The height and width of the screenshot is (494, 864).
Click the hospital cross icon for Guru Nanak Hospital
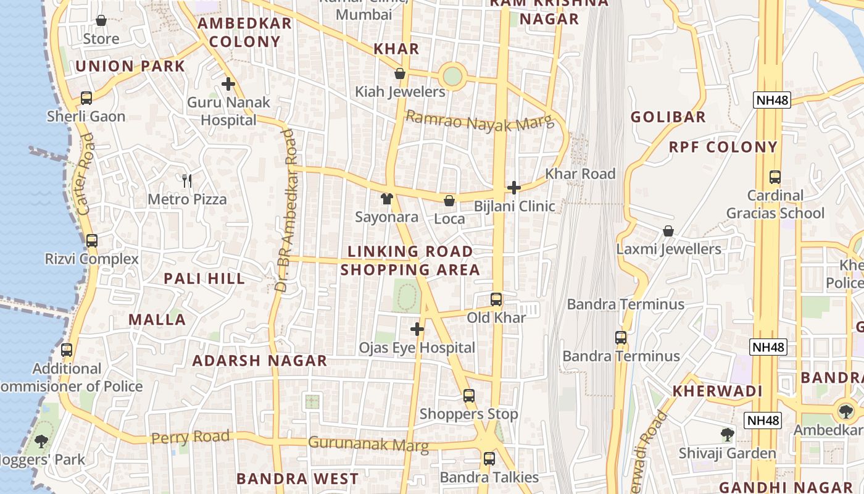[228, 84]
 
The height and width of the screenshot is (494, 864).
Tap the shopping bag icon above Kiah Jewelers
[400, 73]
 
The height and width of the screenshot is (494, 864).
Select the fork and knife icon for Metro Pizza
[187, 181]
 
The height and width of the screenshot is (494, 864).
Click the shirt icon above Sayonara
[386, 199]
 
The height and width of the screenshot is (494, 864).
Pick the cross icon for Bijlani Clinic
[513, 188]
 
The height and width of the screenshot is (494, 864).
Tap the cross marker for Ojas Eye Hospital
[417, 329]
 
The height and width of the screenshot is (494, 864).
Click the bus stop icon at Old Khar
[496, 299]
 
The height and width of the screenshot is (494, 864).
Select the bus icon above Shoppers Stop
[469, 395]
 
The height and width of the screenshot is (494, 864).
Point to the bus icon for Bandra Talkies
[489, 459]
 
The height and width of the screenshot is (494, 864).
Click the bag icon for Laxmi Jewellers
[668, 231]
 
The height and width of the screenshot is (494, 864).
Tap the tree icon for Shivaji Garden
[728, 435]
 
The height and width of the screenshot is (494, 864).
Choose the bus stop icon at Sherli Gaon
[86, 98]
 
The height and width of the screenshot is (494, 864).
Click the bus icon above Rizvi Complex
[91, 241]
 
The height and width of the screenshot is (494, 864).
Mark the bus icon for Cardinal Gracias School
[775, 177]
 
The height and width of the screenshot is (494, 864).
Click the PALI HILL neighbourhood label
[204, 278]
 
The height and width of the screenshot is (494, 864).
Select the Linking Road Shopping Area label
[410, 261]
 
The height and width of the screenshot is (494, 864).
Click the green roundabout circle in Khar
[452, 77]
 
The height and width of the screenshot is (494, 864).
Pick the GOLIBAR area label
[668, 117]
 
